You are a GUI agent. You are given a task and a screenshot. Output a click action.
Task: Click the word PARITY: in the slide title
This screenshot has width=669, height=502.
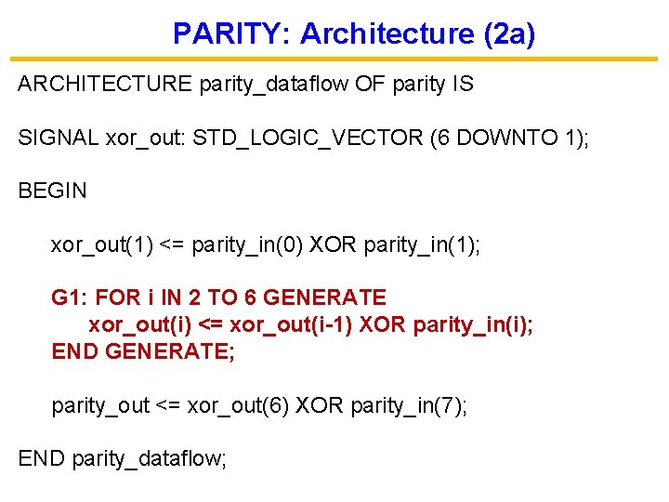click(x=232, y=34)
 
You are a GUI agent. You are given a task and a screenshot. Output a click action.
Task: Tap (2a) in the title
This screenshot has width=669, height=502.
click(x=509, y=34)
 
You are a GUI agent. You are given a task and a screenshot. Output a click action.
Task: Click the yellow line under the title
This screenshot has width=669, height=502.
click(x=334, y=59)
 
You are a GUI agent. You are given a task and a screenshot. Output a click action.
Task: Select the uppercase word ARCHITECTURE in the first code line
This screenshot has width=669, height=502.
click(x=104, y=85)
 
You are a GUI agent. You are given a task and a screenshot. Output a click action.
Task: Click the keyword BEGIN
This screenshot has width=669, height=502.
click(x=52, y=192)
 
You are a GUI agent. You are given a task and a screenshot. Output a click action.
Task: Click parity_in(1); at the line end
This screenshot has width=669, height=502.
click(x=423, y=245)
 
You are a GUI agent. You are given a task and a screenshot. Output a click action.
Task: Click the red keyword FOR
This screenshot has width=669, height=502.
click(x=117, y=298)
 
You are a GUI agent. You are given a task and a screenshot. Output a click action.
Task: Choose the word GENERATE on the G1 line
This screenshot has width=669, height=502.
click(x=324, y=298)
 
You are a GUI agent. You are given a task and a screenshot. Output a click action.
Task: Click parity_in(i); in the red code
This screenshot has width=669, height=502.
click(x=473, y=325)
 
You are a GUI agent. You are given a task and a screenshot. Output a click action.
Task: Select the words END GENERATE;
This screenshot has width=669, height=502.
click(x=143, y=352)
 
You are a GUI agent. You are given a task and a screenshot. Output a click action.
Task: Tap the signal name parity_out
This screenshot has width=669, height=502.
click(x=100, y=405)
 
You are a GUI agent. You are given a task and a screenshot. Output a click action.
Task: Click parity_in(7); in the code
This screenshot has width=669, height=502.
click(x=409, y=405)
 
